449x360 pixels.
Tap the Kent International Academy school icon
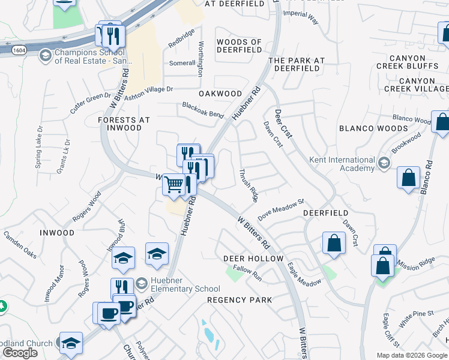[384, 164]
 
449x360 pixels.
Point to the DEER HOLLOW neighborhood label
[253, 259]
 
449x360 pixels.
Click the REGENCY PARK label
[240, 300]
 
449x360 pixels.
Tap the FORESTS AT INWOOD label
[124, 124]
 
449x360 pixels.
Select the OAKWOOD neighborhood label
[220, 94]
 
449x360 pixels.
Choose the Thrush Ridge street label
[249, 185]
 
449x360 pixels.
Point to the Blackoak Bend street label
[203, 110]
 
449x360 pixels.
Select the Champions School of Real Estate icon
[45, 56]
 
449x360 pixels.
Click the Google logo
[20, 353]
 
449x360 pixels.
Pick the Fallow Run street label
[248, 274]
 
